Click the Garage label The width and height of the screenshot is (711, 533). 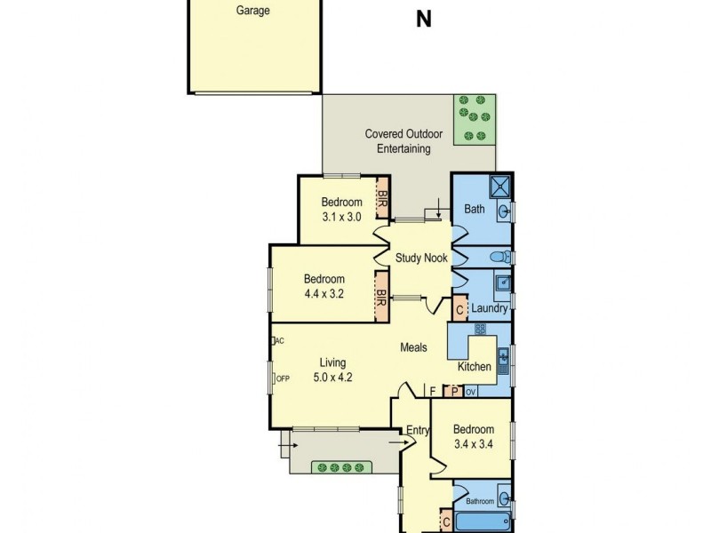point(253,12)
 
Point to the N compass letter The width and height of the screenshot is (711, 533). point(424,20)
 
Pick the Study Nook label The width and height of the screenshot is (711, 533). point(421,258)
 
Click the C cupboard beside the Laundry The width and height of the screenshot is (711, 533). point(460,310)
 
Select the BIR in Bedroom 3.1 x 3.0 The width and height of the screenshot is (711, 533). point(383,203)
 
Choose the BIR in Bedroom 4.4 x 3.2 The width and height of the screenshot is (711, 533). point(381,297)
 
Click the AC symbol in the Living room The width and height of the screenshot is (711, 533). point(277,340)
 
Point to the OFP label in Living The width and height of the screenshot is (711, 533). point(282,378)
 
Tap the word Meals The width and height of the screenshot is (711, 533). point(413,348)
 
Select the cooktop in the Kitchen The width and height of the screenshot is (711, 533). point(480,330)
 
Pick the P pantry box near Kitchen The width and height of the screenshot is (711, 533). point(453,391)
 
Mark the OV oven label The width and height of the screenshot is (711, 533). point(471,391)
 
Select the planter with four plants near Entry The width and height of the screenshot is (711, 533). point(342,466)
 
